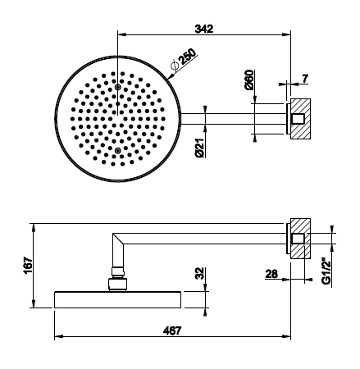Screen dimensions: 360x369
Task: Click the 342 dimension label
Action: pyautogui.click(x=204, y=29)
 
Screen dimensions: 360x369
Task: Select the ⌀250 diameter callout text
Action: pyautogui.click(x=183, y=60)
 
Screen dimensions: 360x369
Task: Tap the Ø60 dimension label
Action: pyautogui.click(x=249, y=80)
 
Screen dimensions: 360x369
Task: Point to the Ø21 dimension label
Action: pyautogui.click(x=200, y=148)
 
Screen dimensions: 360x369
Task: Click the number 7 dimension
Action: pyautogui.click(x=305, y=79)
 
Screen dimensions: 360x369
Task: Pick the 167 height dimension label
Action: pyautogui.click(x=28, y=265)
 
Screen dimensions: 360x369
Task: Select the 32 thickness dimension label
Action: pyautogui.click(x=200, y=273)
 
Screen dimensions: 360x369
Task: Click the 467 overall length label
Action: pyautogui.click(x=172, y=330)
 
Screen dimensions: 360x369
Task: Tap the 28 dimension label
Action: pyautogui.click(x=271, y=274)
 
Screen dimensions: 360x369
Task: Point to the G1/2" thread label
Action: pyautogui.click(x=326, y=271)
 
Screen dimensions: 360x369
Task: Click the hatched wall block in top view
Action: pyautogui.click(x=300, y=118)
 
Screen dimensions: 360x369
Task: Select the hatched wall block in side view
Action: pyautogui.click(x=300, y=238)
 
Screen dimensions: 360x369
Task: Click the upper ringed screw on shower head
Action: pyautogui.click(x=118, y=87)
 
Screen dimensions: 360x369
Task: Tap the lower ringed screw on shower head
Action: pyautogui.click(x=118, y=150)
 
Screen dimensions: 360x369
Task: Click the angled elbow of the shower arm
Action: pyautogui.click(x=118, y=240)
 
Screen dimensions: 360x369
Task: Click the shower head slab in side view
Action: pyautogui.click(x=118, y=300)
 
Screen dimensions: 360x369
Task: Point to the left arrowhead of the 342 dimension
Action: pyautogui.click(x=121, y=34)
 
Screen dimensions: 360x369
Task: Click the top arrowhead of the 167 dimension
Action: pyautogui.click(x=34, y=227)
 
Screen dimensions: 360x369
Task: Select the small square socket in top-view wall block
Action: pyautogui.click(x=298, y=119)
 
